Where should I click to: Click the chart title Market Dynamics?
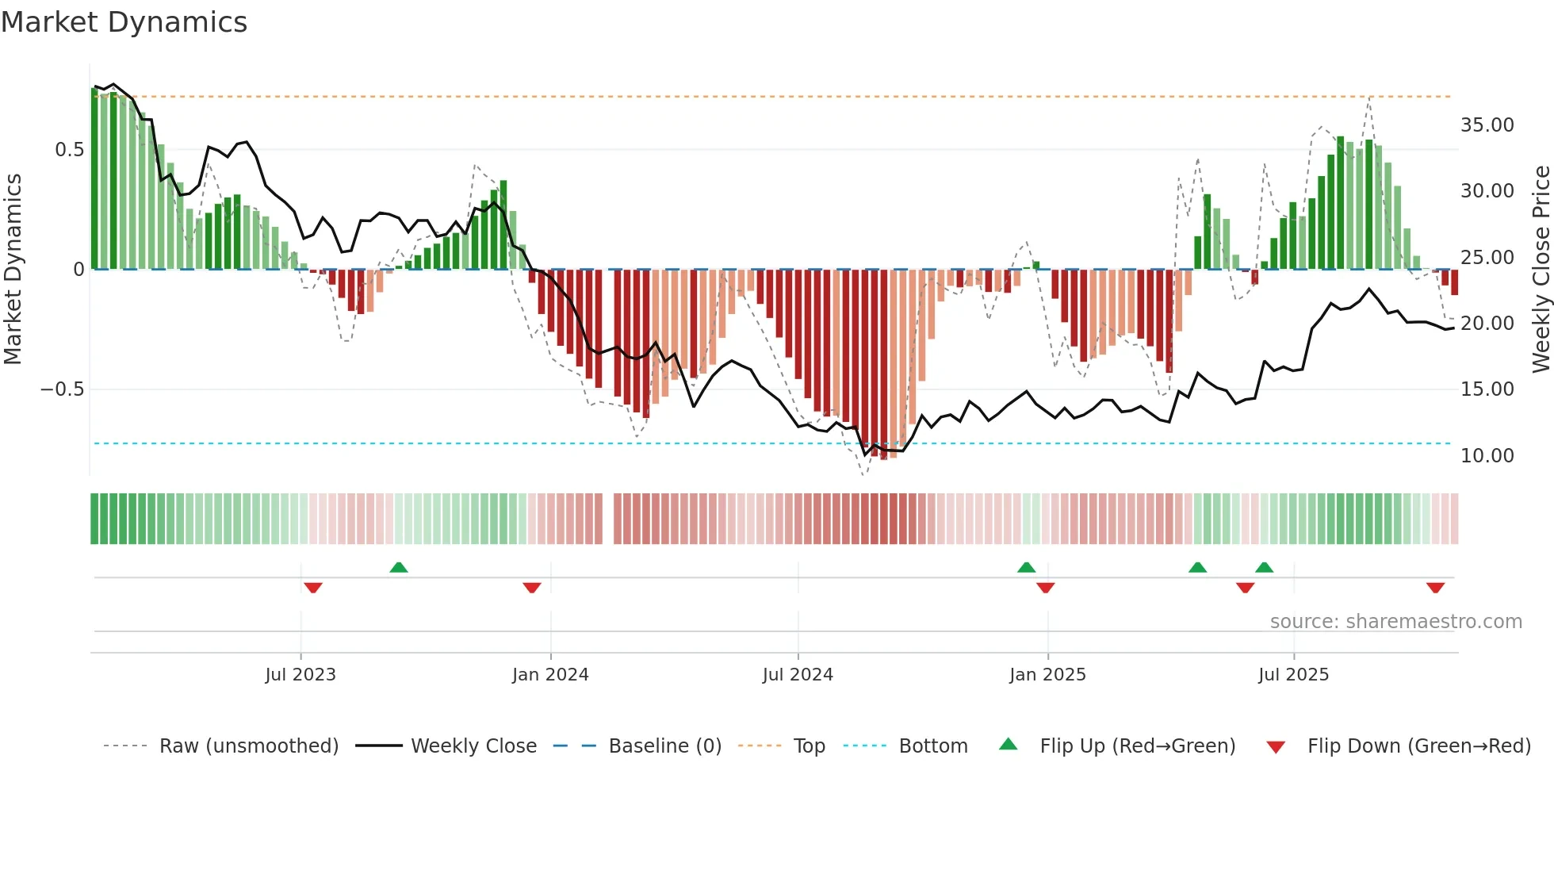124,22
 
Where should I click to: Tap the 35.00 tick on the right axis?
1487,125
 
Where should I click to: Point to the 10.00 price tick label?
1487,456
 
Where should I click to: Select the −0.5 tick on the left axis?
62,389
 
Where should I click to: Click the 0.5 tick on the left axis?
69,150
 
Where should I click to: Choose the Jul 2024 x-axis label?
798,675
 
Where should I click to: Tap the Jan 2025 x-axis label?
1047,675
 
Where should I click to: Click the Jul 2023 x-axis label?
300,675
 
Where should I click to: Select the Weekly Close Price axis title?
1541,269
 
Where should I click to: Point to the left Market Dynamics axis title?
13,269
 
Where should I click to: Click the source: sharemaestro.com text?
1395,622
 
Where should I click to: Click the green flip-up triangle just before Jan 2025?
1026,568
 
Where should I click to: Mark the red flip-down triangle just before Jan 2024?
532,588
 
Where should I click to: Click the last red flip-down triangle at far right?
1435,588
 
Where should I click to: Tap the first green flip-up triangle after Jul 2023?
399,568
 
